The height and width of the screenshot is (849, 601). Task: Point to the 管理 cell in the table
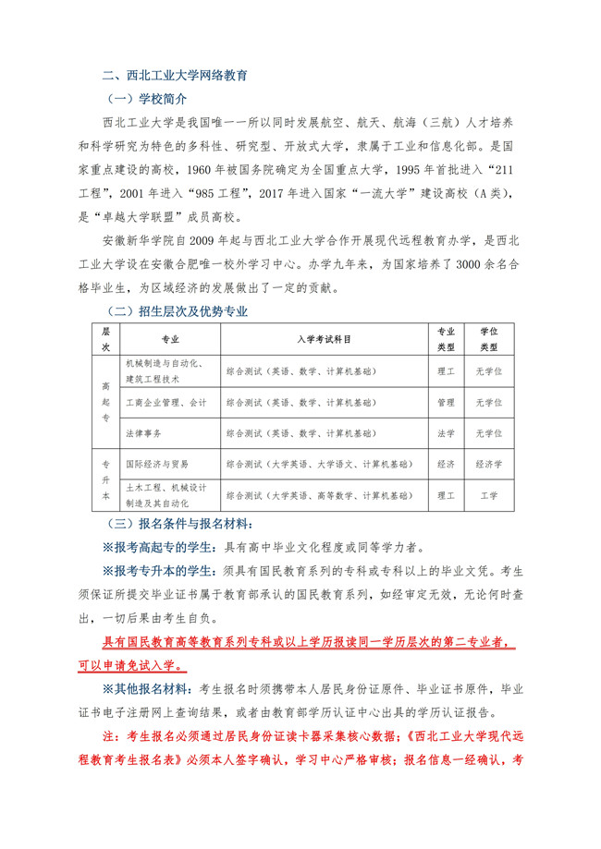[x=446, y=403]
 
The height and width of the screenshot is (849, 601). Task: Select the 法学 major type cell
[x=446, y=432]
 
